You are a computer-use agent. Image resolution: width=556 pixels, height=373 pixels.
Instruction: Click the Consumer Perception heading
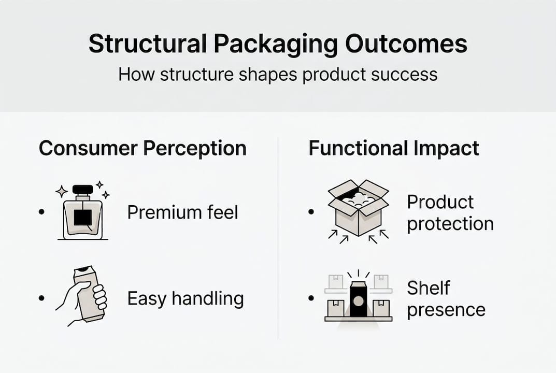[x=142, y=148]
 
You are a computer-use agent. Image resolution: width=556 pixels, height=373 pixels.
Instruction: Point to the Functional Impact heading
[x=394, y=148]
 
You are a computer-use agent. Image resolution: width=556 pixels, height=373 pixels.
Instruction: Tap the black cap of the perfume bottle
[x=82, y=189]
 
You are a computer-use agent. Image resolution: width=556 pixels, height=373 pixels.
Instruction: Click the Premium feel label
[x=182, y=212]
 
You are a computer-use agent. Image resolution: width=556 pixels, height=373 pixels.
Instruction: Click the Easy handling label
[x=186, y=298]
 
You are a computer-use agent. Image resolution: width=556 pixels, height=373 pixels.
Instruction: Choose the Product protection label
[x=450, y=213]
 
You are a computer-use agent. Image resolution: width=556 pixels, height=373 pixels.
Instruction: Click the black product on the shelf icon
[x=358, y=299]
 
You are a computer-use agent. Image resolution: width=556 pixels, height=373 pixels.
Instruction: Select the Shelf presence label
[x=446, y=299]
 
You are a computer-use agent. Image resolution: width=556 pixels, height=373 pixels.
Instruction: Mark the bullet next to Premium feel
[x=41, y=212]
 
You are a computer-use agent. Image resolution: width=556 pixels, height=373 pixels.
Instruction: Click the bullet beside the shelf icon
[x=311, y=298]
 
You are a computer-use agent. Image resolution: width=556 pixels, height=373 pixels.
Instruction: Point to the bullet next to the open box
[x=311, y=212]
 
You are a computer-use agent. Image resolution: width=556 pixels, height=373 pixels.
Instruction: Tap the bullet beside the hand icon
[x=41, y=298]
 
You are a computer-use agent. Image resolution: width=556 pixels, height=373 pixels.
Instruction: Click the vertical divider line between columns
[x=278, y=238]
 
